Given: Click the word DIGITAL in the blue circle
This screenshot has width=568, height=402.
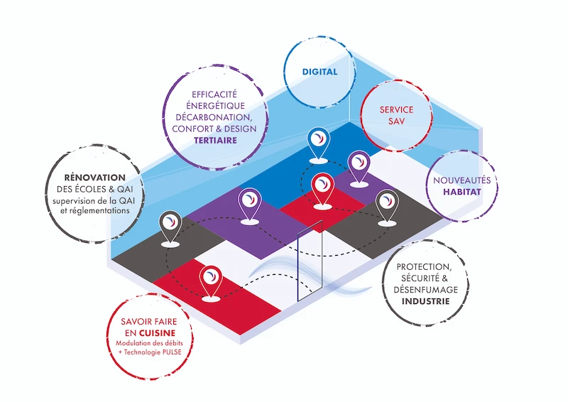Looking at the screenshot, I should (x=319, y=72).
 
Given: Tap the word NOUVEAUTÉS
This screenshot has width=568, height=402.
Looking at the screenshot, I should (x=461, y=180).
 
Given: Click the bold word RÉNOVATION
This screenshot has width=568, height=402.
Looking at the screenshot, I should (x=94, y=177).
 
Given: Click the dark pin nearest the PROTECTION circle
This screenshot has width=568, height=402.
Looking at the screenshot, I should (x=386, y=205).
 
